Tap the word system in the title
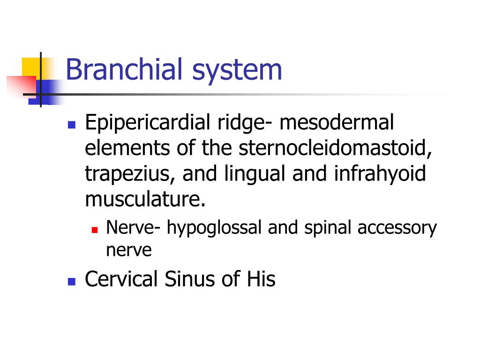click(237, 72)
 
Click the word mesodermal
click(337, 122)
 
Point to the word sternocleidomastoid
click(335, 148)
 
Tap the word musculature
click(145, 199)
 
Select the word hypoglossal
click(214, 228)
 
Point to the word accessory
click(397, 229)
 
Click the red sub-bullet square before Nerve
click(95, 230)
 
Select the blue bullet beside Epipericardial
click(72, 125)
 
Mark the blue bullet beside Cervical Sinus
click(72, 281)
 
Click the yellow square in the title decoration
click(31, 68)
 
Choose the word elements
click(127, 148)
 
